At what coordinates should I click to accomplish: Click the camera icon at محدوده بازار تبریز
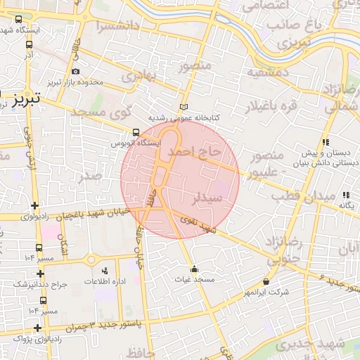click(75, 71)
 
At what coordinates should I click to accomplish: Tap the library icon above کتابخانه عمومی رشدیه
click(184, 107)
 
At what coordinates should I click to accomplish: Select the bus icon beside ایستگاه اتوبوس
click(136, 132)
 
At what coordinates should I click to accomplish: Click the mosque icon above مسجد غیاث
click(194, 269)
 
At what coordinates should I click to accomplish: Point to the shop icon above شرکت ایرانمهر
click(266, 281)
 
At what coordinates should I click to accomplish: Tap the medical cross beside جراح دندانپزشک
click(40, 274)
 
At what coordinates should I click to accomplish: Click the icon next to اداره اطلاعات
click(105, 271)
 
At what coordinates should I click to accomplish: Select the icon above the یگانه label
click(345, 195)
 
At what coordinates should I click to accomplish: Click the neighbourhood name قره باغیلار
click(271, 105)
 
